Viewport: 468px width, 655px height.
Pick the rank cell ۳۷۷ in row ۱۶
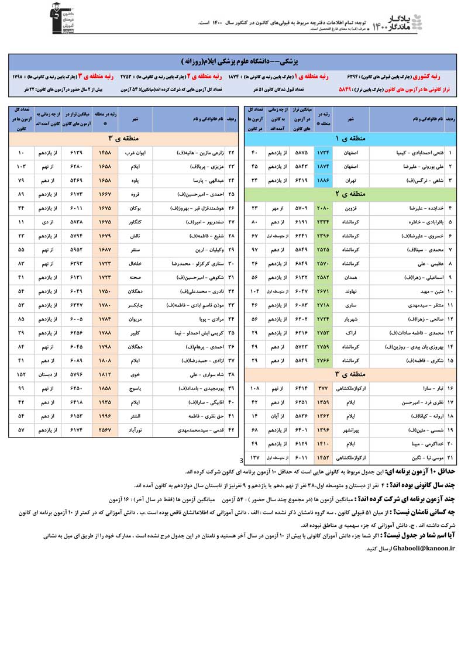pos(322,387)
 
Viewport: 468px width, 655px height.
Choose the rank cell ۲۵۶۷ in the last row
pos(105,430)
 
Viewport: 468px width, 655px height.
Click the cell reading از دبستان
pos(48,373)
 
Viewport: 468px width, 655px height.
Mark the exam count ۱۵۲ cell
pos(21,373)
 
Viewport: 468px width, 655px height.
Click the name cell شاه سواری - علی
pos(194,373)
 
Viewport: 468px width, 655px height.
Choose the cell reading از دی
pos(48,222)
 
